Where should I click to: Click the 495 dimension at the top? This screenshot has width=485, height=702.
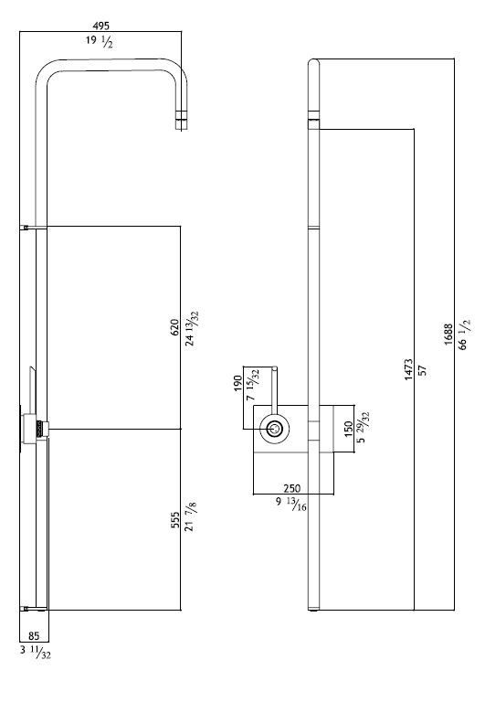100,26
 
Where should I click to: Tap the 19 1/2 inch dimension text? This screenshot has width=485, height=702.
100,42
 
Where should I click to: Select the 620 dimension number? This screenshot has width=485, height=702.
175,327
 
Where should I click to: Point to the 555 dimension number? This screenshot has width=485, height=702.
175,520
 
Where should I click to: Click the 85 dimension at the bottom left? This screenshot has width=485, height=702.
34,636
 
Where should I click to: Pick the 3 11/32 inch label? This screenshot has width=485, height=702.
36,653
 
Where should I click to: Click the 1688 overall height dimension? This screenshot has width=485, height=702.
448,334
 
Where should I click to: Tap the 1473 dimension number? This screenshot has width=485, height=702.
408,369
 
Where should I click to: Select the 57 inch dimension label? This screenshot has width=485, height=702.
422,370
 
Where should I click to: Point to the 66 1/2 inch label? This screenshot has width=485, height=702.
464,335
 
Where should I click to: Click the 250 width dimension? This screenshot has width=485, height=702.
292,488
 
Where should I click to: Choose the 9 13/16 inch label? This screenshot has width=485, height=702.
290,504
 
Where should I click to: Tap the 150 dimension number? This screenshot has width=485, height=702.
349,429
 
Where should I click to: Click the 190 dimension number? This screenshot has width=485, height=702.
238,384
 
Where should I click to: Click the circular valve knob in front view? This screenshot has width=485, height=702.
274,429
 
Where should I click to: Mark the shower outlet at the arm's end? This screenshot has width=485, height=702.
181,120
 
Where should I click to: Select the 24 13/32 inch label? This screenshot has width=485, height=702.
192,329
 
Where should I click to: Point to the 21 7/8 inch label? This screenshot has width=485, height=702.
191,516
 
